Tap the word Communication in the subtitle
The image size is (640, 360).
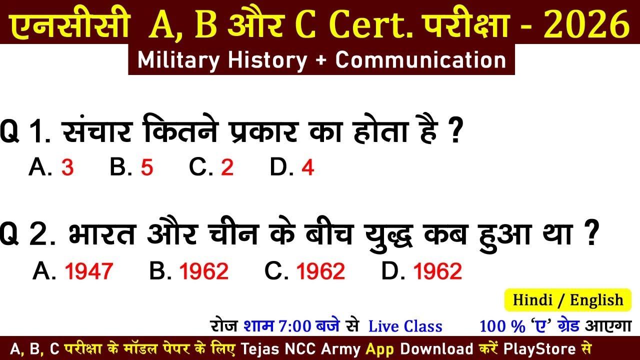point(420,60)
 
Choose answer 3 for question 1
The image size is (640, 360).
point(67,168)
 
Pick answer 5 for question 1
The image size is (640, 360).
point(146,168)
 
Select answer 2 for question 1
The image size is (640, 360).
point(227,168)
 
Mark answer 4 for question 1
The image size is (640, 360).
point(308,168)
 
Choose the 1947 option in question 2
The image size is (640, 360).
point(89,271)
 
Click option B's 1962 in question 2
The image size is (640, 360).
point(204,271)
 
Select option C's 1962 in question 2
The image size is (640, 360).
point(320,271)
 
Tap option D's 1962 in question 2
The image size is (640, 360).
point(437,271)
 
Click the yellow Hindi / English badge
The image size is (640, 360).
point(568,300)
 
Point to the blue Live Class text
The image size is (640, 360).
point(405,326)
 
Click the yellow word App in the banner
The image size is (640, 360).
point(380,348)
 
